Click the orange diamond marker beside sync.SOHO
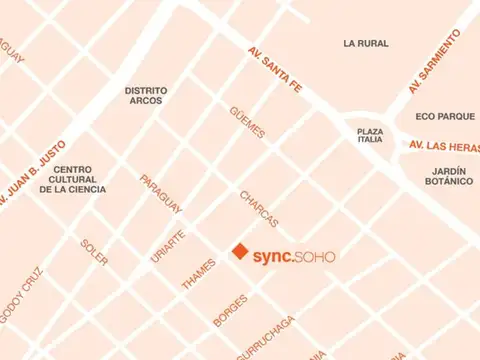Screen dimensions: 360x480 tap(240, 252)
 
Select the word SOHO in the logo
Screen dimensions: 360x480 tap(315, 256)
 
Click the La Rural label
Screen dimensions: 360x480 tap(365, 43)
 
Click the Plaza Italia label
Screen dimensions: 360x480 tap(371, 135)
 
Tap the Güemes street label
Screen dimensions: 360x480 tap(248, 122)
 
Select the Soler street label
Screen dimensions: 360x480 tap(95, 252)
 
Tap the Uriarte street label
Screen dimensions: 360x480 tap(168, 245)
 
